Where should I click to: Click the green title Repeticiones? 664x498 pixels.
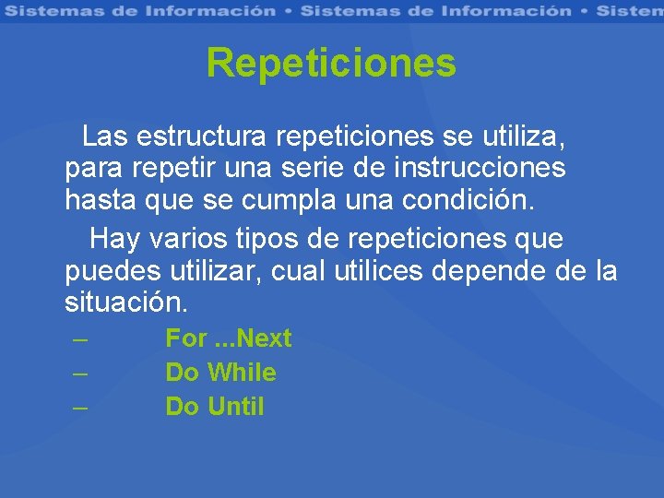coord(331,64)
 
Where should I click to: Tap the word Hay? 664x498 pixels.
coord(114,239)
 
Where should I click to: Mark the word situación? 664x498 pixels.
coord(127,302)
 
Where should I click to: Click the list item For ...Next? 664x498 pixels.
coord(228,338)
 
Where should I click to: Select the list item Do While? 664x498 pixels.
coord(220,373)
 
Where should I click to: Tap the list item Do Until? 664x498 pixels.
coord(214,406)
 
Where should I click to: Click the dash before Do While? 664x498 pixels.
coord(80,373)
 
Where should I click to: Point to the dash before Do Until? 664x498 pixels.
coord(80,406)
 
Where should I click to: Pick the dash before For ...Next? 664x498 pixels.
coord(80,338)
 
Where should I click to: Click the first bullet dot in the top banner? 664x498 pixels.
coord(288,11)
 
